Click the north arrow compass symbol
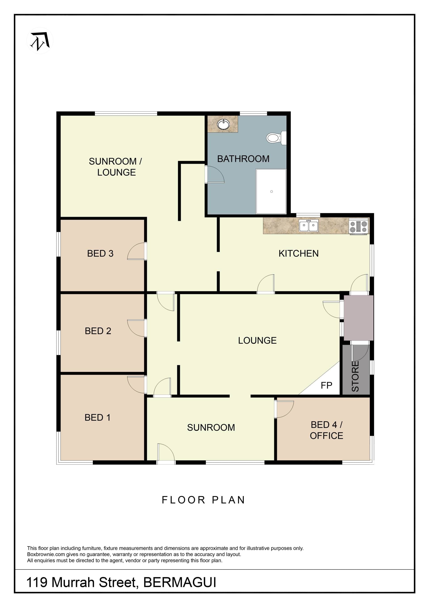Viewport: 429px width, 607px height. click(40, 41)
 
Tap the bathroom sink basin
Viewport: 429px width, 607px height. click(223, 125)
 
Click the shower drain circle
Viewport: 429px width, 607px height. click(271, 191)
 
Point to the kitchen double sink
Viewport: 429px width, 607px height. click(309, 226)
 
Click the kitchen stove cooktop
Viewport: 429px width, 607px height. click(358, 226)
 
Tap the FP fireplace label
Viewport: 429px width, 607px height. click(326, 385)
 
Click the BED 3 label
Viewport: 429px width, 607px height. click(100, 254)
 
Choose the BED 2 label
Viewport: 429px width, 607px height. click(98, 331)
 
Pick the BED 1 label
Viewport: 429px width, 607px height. click(97, 417)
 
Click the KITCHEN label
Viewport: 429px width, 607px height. click(299, 254)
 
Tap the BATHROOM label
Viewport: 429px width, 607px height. click(243, 159)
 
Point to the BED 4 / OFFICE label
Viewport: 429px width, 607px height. click(326, 430)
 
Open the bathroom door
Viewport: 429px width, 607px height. click(215, 174)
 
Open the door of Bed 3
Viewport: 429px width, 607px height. click(137, 251)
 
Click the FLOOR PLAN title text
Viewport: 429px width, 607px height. click(203, 500)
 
